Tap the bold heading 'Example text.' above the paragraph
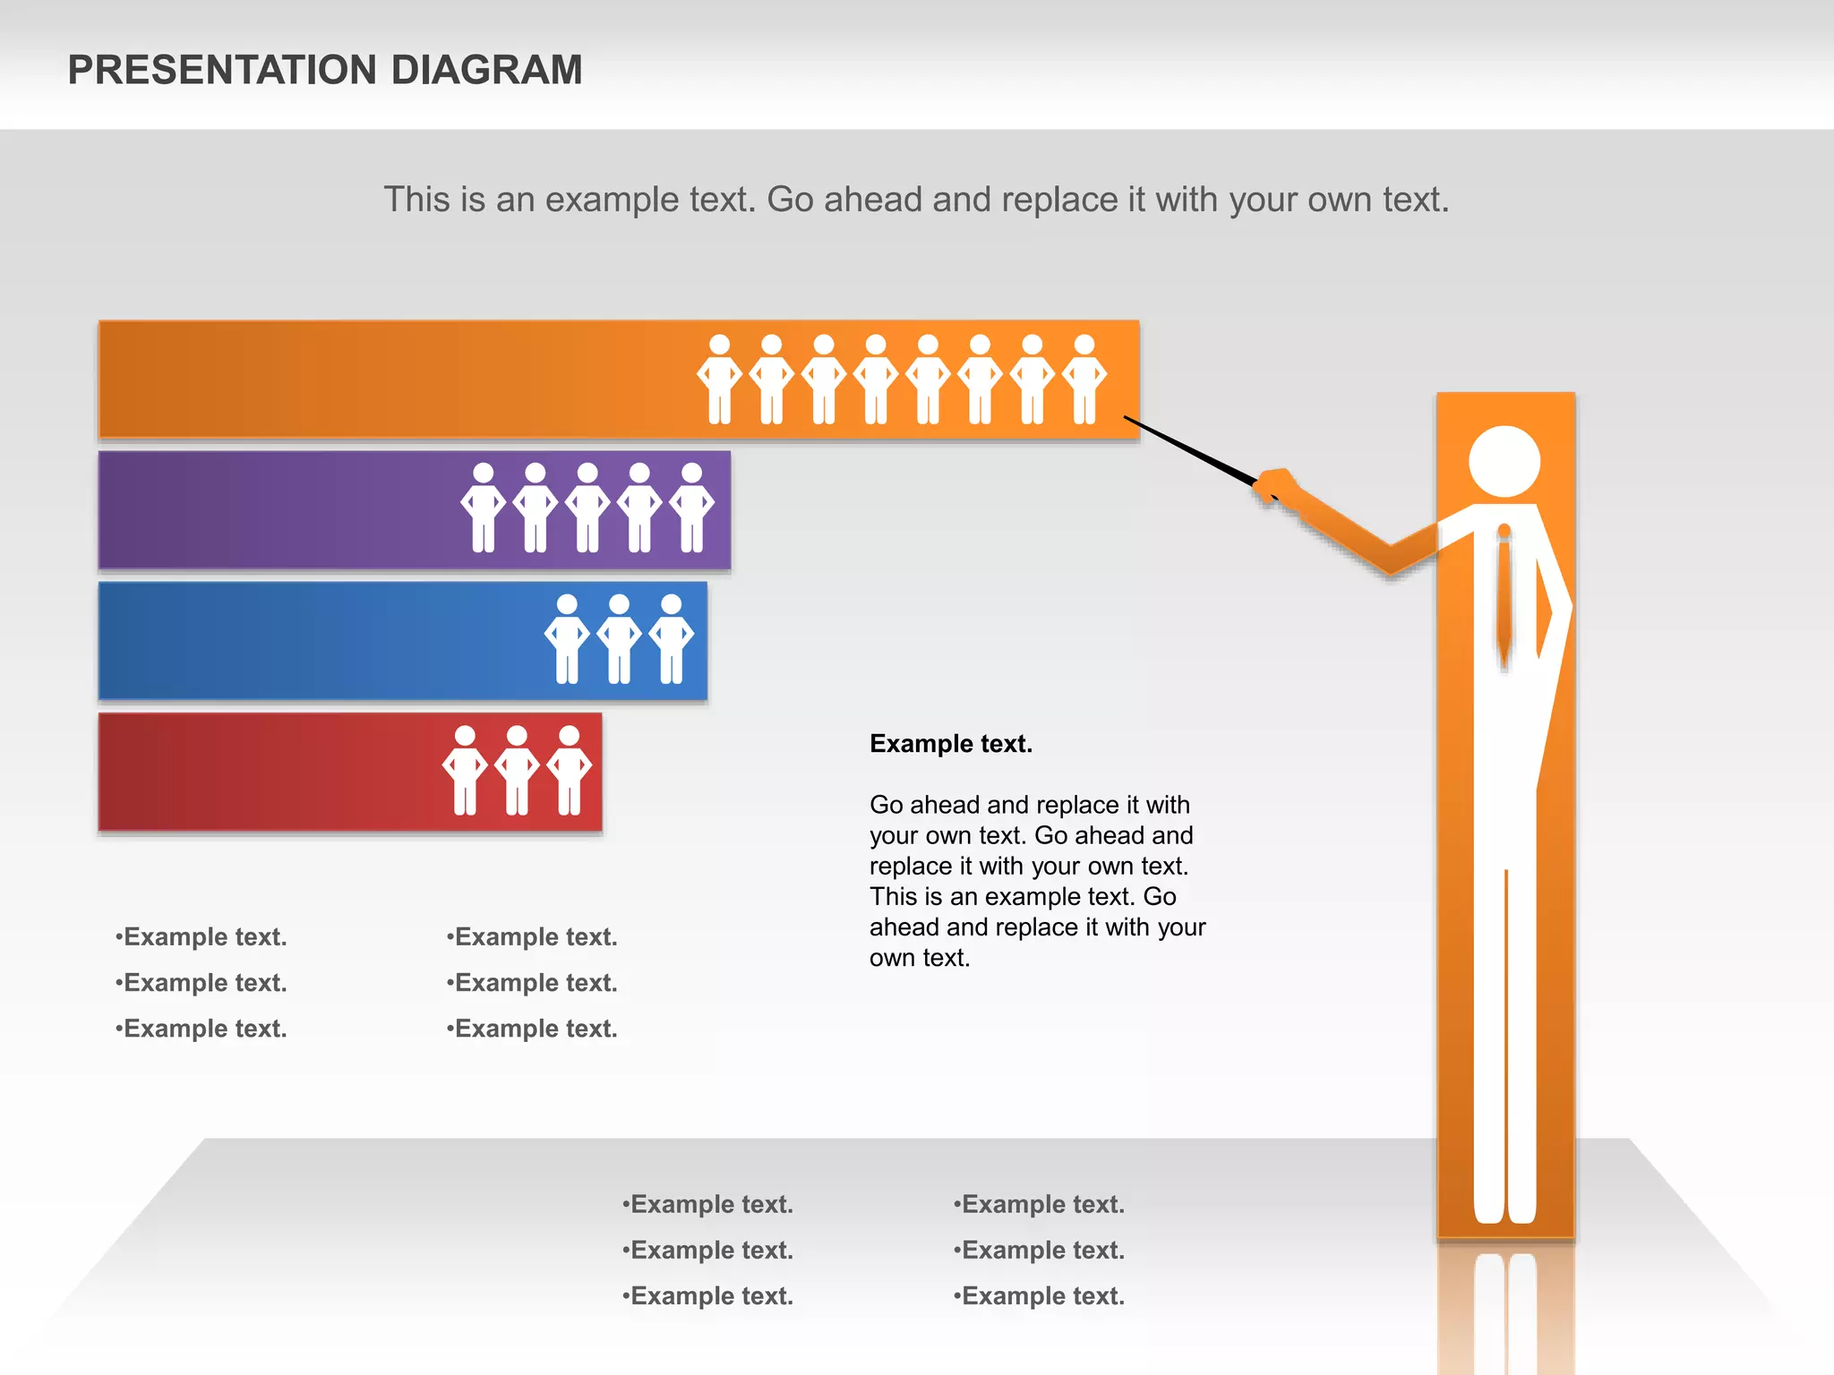click(x=950, y=744)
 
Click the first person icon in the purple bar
click(x=483, y=508)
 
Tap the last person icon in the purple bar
click(x=692, y=508)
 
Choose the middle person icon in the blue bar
click(x=619, y=639)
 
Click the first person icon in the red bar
click(x=465, y=771)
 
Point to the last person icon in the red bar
click(x=570, y=771)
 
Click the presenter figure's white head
click(x=1504, y=461)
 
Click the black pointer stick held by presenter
click(x=1191, y=452)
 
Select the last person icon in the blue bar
click(x=671, y=639)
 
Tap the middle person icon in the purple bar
click(x=587, y=508)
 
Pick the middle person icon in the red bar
click(x=517, y=771)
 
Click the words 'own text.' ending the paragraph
click(x=920, y=958)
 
